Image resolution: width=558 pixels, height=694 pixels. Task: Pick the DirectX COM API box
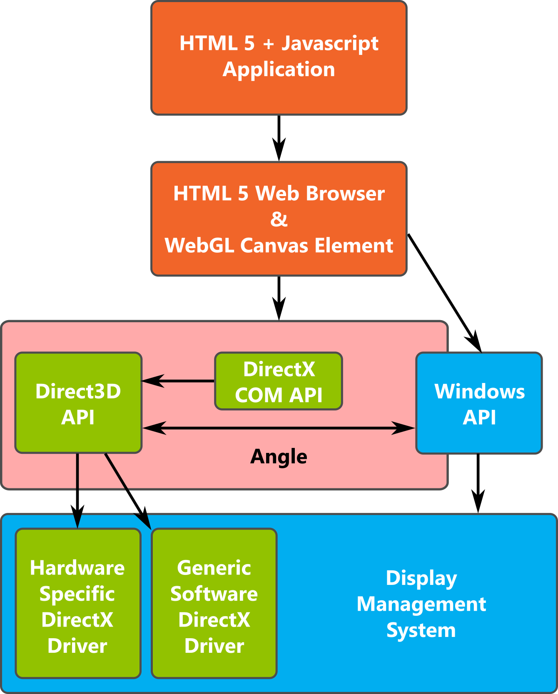pyautogui.click(x=279, y=381)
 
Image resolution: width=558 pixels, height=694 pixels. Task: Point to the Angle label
pyautogui.click(x=279, y=457)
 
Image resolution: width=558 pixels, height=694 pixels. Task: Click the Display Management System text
pyautogui.click(x=421, y=604)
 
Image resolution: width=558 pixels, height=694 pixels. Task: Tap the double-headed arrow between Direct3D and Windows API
pyautogui.click(x=279, y=428)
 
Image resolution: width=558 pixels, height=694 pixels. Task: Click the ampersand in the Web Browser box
pyautogui.click(x=279, y=219)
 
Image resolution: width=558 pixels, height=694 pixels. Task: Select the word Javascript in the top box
pyautogui.click(x=330, y=44)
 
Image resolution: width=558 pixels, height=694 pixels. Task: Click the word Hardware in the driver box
pyautogui.click(x=77, y=568)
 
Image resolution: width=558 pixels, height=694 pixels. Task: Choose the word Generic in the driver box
pyautogui.click(x=214, y=568)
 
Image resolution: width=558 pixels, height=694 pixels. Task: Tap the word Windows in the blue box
pyautogui.click(x=479, y=391)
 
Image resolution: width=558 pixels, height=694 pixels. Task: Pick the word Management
pyautogui.click(x=421, y=604)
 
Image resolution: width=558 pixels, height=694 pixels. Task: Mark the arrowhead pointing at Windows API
pyautogui.click(x=404, y=428)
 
